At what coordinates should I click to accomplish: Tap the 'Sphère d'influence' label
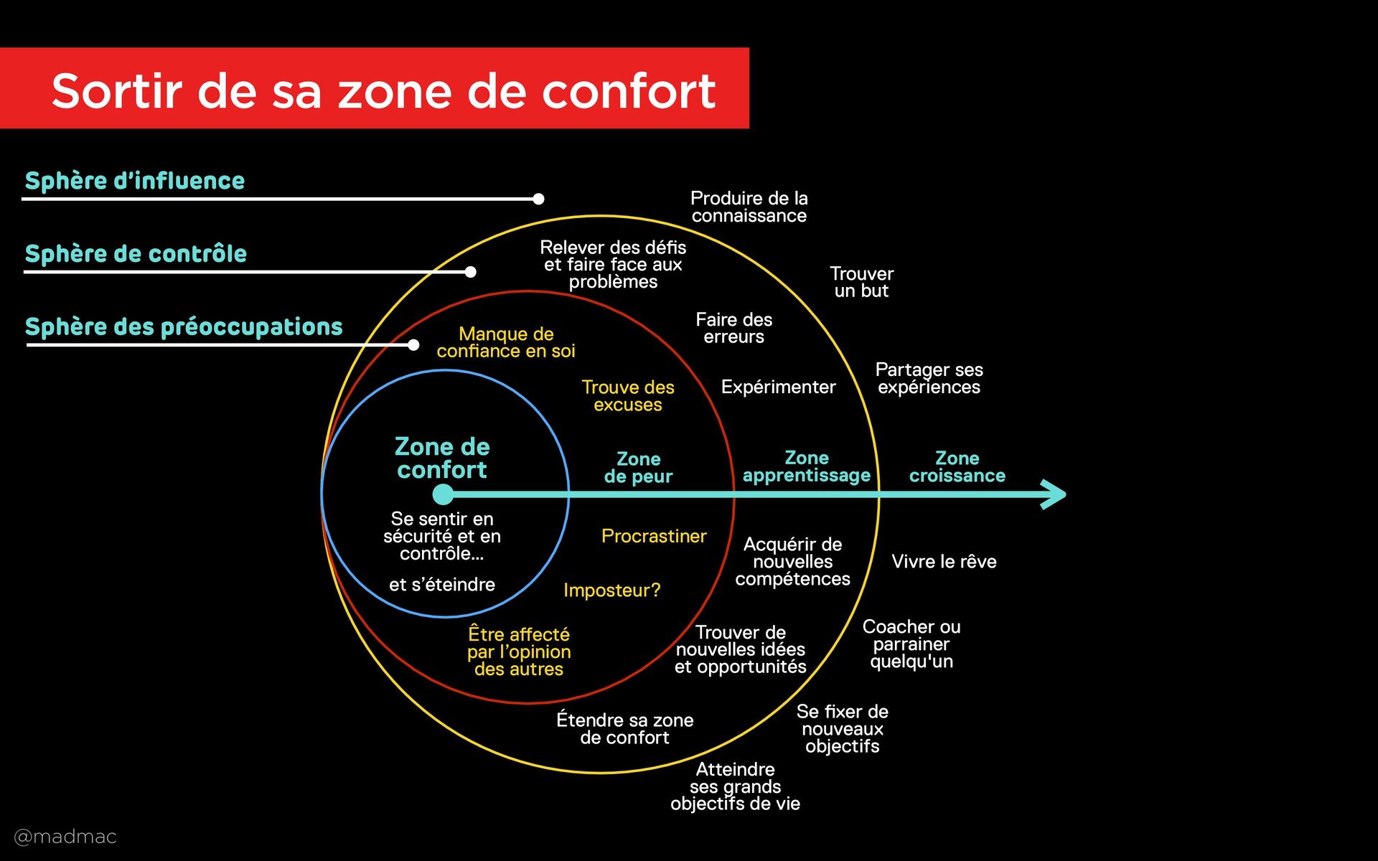point(135,181)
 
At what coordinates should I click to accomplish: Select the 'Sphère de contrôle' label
point(136,254)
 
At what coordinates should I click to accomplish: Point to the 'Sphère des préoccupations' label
point(184,327)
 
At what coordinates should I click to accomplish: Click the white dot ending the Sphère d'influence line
point(538,199)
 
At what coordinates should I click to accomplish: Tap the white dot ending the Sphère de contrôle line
point(470,272)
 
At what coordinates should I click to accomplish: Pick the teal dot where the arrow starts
point(444,494)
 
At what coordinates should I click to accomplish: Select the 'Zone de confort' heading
point(442,458)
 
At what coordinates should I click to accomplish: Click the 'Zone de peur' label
point(638,468)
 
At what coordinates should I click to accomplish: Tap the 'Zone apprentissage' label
point(807,467)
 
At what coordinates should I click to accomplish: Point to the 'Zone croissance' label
point(957,467)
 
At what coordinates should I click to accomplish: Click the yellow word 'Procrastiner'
point(654,537)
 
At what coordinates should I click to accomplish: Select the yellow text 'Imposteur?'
point(611,591)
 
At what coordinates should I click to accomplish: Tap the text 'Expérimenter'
point(778,387)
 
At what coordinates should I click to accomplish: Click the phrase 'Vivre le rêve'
point(944,562)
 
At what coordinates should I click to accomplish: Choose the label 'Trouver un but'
point(861,283)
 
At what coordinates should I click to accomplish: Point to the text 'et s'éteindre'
point(442,585)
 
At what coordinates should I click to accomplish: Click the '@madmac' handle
point(65,837)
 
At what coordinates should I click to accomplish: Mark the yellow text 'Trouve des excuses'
point(628,396)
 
